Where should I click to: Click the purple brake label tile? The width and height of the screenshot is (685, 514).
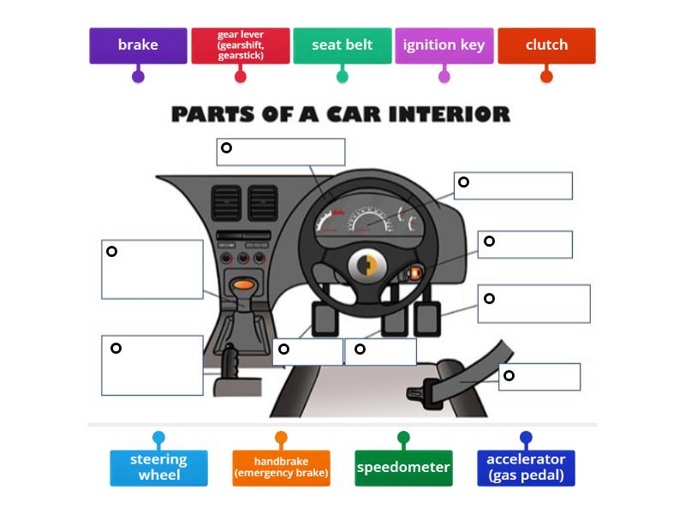[138, 45]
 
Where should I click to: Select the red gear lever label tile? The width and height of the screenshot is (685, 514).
[241, 45]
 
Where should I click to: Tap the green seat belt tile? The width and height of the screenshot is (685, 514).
[342, 45]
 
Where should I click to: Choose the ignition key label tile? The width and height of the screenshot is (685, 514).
[444, 45]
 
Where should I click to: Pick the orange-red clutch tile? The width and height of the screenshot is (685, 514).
[546, 45]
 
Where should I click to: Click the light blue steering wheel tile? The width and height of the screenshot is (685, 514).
[158, 468]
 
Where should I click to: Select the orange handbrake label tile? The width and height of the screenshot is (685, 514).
[281, 468]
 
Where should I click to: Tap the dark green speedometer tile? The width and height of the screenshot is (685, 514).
[403, 468]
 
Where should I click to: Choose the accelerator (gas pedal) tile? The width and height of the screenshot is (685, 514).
[526, 468]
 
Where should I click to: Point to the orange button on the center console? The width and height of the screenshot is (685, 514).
[243, 284]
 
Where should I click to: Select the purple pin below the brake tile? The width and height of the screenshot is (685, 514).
[138, 76]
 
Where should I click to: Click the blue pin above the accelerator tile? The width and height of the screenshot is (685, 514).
[526, 438]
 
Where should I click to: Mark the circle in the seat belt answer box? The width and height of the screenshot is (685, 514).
[509, 375]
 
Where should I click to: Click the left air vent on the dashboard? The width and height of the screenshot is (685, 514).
[226, 204]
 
